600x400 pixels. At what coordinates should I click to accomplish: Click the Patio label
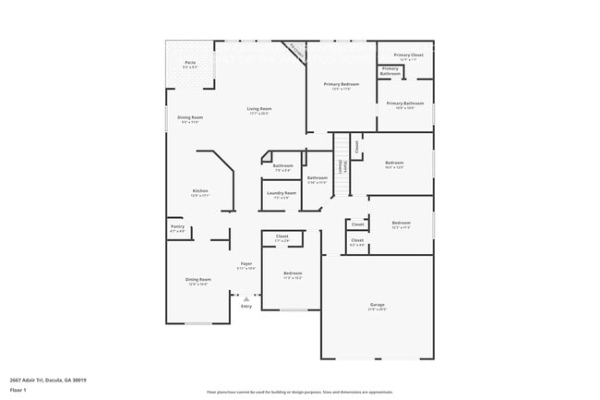(x=190, y=64)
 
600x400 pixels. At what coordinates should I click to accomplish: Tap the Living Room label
(x=258, y=109)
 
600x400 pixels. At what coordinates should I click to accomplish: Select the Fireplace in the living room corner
(x=295, y=52)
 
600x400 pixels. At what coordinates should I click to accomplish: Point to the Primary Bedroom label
(x=341, y=84)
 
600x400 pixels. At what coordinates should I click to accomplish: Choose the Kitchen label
(x=200, y=191)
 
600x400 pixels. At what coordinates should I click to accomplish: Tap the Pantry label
(x=177, y=226)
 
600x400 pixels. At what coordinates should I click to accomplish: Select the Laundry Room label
(x=282, y=193)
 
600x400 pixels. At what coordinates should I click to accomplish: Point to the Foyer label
(x=246, y=263)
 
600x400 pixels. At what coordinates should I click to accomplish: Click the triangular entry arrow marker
(x=246, y=298)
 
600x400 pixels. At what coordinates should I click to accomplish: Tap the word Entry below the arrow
(x=246, y=306)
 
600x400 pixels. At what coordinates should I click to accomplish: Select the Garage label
(x=377, y=304)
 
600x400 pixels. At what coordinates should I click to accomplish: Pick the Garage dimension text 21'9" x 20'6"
(x=377, y=309)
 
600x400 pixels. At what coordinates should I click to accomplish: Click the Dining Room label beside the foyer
(x=198, y=279)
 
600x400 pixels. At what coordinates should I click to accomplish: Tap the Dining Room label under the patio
(x=190, y=117)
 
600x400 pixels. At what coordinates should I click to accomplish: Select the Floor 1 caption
(x=18, y=390)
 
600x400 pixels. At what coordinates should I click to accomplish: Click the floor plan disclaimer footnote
(x=299, y=393)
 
